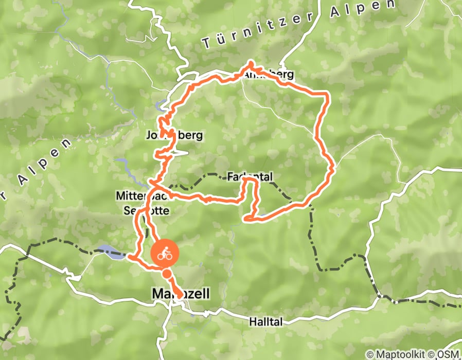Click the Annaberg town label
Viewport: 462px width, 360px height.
click(268, 75)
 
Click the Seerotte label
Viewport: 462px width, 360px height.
click(146, 210)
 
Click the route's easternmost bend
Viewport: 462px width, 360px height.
click(334, 168)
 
